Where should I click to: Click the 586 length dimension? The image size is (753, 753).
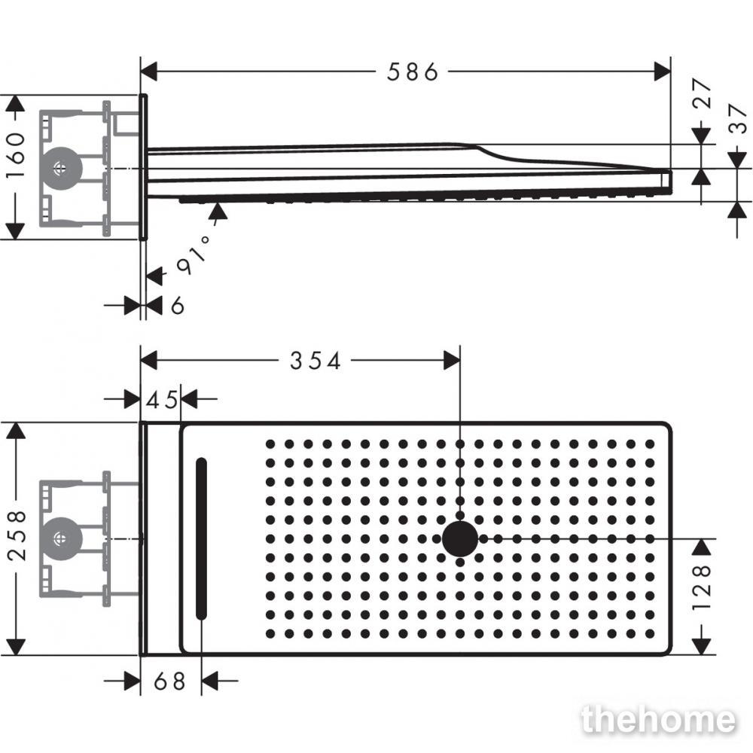point(413,72)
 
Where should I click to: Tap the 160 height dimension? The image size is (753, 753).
point(15,155)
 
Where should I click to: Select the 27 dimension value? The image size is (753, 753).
point(702,93)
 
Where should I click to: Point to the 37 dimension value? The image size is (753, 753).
point(737,119)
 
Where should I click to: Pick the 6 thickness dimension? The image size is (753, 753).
point(177,306)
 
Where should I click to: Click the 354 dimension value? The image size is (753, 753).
point(315,361)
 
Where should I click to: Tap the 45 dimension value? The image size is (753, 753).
point(162,400)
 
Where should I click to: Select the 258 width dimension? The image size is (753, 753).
point(17,536)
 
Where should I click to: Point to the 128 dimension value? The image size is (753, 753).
point(702,587)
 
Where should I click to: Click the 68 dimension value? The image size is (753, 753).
point(169,681)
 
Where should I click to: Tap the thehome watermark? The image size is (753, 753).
point(658,719)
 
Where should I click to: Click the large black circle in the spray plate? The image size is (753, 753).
point(460,539)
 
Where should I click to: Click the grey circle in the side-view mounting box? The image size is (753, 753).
point(62,169)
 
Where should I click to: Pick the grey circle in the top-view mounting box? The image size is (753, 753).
point(62,539)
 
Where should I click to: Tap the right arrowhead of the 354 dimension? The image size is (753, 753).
point(452,360)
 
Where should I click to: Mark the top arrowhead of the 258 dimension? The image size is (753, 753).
point(16,430)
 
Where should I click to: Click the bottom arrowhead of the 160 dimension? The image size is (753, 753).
point(15,231)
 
